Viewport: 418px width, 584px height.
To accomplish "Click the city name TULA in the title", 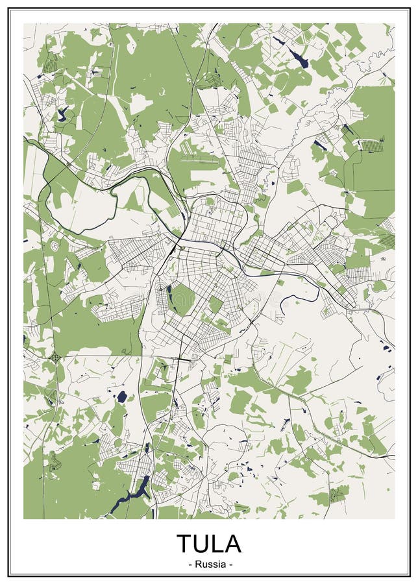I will (x=209, y=542).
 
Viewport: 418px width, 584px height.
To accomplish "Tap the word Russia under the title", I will (x=209, y=564).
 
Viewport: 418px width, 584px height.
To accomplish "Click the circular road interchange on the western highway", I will (x=56, y=356).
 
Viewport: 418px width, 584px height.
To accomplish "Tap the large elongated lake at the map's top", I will (x=299, y=59).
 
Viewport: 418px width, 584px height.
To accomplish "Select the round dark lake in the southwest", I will (x=122, y=396).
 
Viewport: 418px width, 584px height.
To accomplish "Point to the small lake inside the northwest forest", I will (x=63, y=115).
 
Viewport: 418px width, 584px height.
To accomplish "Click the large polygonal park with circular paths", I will (x=183, y=298).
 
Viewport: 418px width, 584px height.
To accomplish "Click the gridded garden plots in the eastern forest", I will (x=372, y=145).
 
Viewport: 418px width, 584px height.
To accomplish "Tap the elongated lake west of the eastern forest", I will (x=320, y=145).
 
